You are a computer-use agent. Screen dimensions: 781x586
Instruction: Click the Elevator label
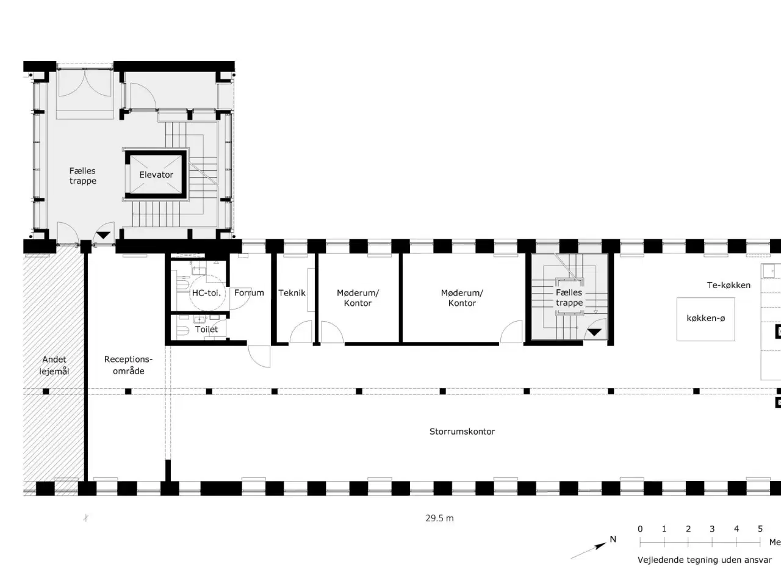tap(156, 175)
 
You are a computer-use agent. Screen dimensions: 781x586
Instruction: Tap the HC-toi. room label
tap(206, 293)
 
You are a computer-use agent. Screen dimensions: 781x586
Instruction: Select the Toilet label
tap(206, 329)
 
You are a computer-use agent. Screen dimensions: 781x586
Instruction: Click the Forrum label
tap(249, 293)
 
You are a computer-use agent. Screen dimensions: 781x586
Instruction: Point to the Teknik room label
tap(292, 293)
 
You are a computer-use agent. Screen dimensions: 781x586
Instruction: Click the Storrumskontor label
tap(462, 432)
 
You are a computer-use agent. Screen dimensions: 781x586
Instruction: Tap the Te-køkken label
tap(729, 285)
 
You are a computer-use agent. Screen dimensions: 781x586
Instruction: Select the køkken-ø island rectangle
tap(705, 319)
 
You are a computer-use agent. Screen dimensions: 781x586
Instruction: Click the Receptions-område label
tap(129, 365)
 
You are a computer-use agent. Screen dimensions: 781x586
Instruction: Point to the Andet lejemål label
tap(54, 366)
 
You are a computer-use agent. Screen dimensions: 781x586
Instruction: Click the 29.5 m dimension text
tap(439, 518)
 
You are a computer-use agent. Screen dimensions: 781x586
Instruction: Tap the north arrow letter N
tap(613, 540)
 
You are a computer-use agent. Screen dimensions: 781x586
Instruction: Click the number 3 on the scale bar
tap(712, 529)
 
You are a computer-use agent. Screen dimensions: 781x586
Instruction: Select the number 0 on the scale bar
tap(640, 529)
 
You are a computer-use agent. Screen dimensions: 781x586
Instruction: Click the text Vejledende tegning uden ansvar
tap(705, 560)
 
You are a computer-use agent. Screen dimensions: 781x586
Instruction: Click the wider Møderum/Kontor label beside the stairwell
tap(462, 298)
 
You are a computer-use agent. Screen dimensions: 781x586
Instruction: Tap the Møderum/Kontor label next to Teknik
tap(358, 298)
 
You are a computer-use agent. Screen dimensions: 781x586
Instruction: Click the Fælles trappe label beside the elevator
tap(82, 176)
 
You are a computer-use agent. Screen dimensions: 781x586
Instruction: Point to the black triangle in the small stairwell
tap(594, 333)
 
